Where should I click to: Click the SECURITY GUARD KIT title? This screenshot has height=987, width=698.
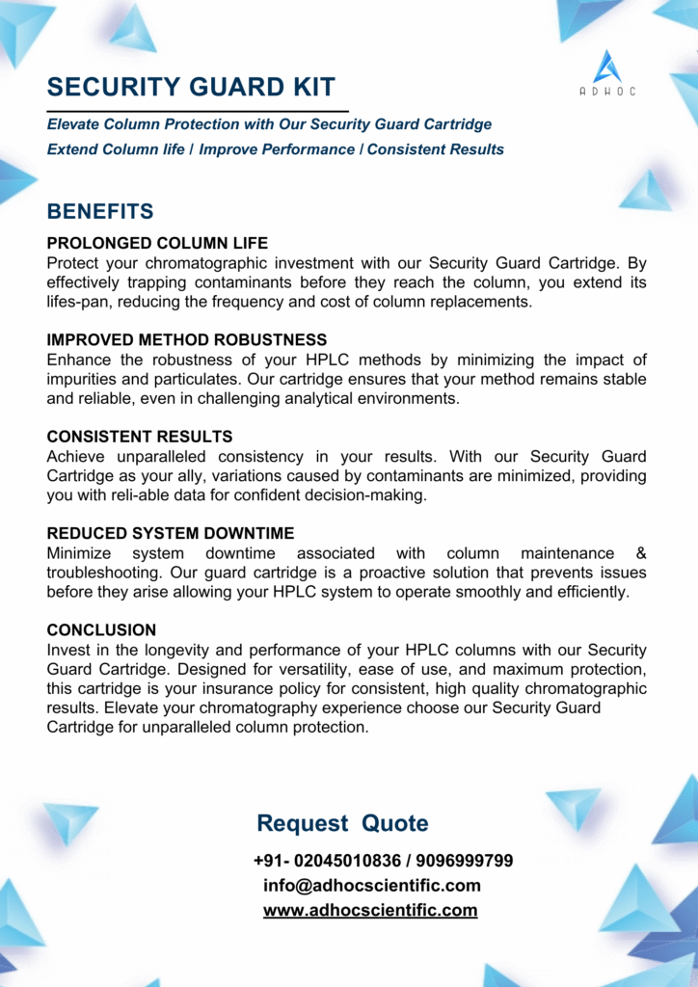click(x=192, y=87)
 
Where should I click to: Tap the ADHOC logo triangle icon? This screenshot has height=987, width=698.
click(x=607, y=66)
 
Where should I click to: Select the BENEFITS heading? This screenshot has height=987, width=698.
click(x=100, y=211)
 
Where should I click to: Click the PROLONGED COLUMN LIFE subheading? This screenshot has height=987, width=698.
click(x=157, y=243)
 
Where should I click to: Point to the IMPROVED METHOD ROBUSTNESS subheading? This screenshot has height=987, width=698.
click(x=187, y=340)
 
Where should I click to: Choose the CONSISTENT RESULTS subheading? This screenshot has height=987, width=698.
click(x=140, y=437)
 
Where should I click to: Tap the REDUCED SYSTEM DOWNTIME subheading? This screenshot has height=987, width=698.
click(x=171, y=534)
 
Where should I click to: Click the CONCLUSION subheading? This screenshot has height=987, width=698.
click(x=101, y=630)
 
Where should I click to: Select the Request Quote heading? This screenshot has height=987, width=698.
click(x=342, y=823)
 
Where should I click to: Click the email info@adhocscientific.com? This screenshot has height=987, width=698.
click(x=371, y=886)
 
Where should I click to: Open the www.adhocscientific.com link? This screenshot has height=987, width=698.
click(x=370, y=911)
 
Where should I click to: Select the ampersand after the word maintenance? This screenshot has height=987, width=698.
click(x=641, y=553)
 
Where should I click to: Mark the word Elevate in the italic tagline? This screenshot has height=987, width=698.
click(x=75, y=124)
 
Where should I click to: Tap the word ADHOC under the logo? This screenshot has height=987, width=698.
click(x=607, y=92)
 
